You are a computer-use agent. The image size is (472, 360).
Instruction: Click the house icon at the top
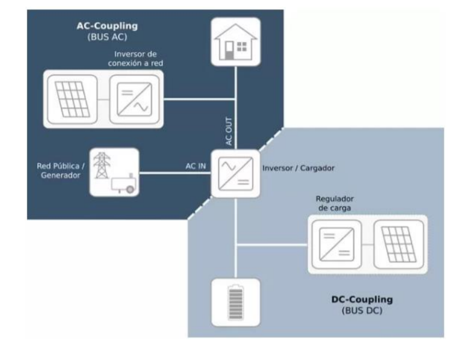[236, 41]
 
